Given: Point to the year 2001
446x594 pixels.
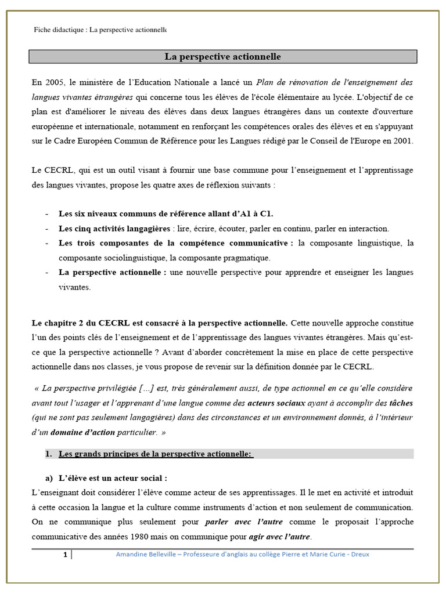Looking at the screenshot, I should click(x=402, y=141).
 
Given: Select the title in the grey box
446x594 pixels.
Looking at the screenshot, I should click(x=223, y=57).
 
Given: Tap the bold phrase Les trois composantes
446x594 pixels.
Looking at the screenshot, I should click(x=110, y=243).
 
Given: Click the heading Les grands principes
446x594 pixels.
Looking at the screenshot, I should click(x=156, y=454).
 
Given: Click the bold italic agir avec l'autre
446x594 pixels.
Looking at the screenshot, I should click(x=280, y=537).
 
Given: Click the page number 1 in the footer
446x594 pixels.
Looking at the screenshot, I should click(x=65, y=555).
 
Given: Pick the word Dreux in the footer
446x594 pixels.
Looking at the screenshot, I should click(x=359, y=554).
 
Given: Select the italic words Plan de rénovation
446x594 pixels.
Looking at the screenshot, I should click(x=284, y=82).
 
